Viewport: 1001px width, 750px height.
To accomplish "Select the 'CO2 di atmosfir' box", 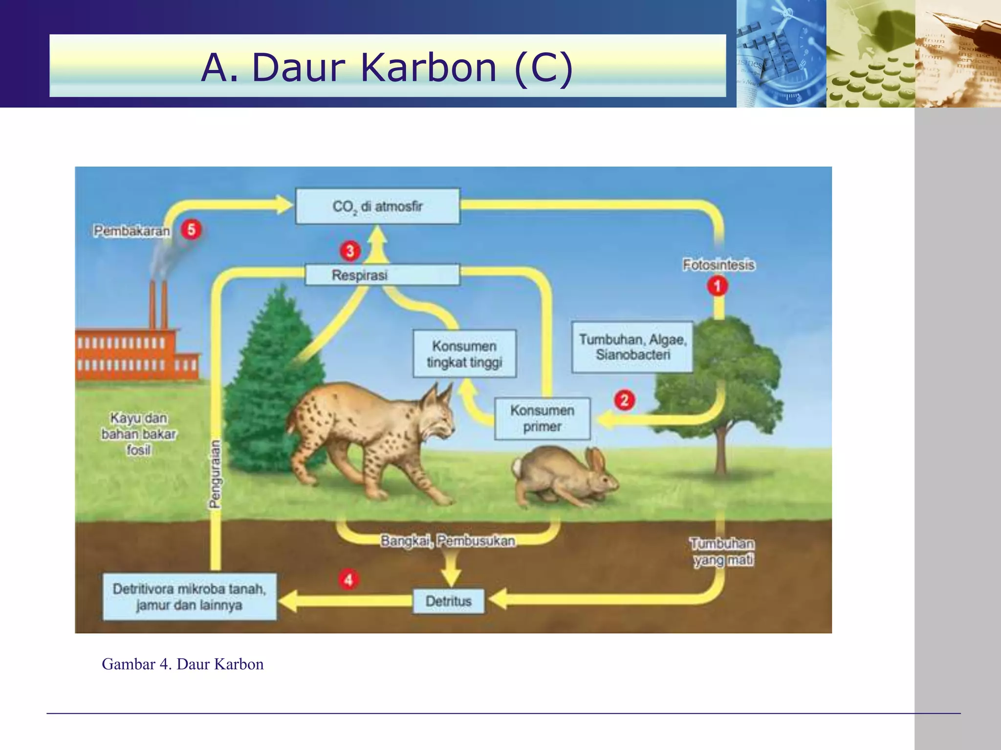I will click(x=377, y=206).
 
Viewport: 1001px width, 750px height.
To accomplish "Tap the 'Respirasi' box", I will click(x=382, y=275).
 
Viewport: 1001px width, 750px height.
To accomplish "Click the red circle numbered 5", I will click(x=191, y=229).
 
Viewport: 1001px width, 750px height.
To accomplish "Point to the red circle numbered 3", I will click(x=350, y=251).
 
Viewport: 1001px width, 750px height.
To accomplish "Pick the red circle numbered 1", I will click(x=718, y=286).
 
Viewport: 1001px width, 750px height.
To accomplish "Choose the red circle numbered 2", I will click(x=624, y=400).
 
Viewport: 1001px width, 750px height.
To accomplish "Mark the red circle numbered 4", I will click(x=348, y=580).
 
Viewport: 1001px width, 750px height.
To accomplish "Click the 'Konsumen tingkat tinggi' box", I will click(x=464, y=354).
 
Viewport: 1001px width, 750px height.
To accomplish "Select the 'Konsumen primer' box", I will click(x=542, y=418).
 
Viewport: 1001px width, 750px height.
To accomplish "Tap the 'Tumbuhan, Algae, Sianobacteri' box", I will click(x=632, y=347).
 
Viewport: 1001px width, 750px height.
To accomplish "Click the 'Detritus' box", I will click(x=449, y=601).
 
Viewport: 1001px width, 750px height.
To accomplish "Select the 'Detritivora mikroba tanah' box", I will click(x=189, y=597).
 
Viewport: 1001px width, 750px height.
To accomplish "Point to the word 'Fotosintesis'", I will click(x=718, y=265).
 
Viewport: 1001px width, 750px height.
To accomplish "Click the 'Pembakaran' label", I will click(x=132, y=230).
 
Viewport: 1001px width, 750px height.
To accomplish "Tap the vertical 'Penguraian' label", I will click(x=215, y=474).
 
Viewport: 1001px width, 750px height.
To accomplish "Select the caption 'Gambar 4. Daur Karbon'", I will click(x=183, y=664).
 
